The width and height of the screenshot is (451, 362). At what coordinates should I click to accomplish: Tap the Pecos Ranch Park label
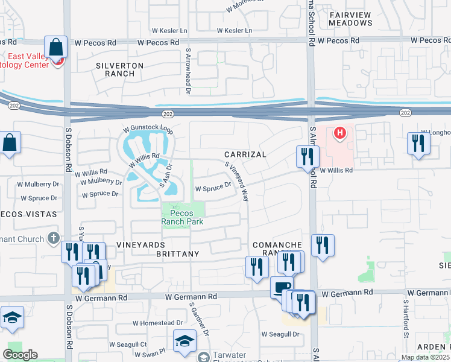point(181,217)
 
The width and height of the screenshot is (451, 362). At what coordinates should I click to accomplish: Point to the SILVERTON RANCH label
point(119,69)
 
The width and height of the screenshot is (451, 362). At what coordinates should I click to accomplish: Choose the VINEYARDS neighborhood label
point(142,245)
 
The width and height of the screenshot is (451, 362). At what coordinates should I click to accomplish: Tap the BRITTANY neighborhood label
point(177,254)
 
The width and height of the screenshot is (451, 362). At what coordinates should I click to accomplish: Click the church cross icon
point(54,239)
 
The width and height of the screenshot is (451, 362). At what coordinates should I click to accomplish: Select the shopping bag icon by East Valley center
point(55,46)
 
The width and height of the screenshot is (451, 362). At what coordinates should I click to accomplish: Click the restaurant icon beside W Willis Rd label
point(307,156)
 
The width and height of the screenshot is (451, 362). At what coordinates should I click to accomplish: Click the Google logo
point(20,355)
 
